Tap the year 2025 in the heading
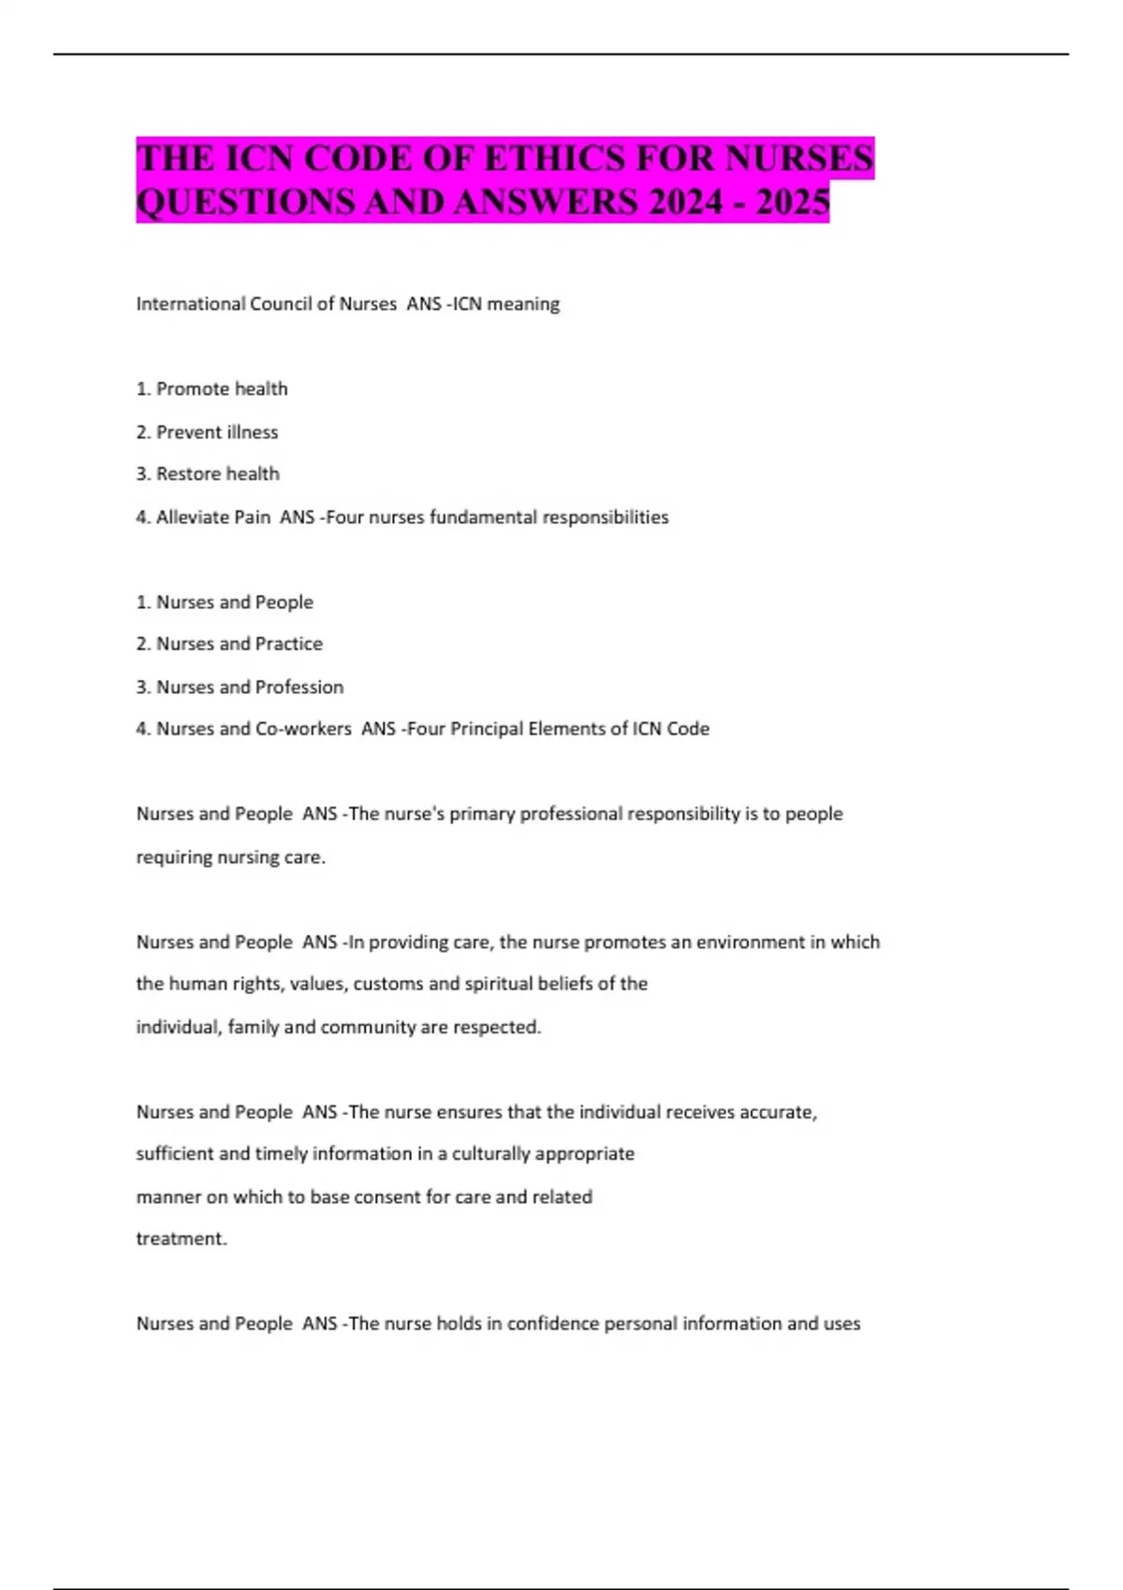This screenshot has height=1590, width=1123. coord(793,202)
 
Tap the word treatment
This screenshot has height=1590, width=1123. coord(181,1238)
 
